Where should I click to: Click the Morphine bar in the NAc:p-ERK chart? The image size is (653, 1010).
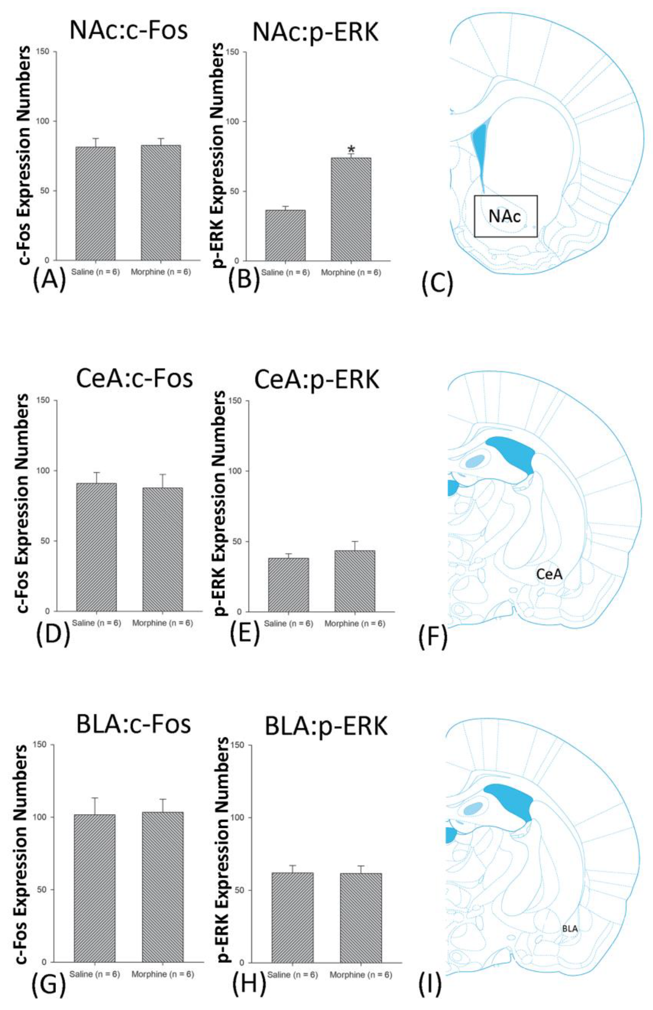350,209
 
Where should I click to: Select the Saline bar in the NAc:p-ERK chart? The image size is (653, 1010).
285,235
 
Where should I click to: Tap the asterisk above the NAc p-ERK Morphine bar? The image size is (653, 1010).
351,149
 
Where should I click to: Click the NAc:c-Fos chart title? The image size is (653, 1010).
129,30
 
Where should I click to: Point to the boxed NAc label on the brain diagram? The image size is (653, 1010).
505,216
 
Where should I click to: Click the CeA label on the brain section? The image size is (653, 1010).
549,574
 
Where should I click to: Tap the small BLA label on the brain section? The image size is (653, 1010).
570,928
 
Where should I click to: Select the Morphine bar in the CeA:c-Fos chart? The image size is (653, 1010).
162,550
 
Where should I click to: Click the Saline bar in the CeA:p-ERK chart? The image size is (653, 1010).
288,585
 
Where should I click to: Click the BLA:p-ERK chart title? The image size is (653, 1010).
326,726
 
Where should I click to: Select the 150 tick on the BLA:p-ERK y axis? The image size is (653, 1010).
240,745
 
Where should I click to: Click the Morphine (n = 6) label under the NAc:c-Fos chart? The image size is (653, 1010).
161,272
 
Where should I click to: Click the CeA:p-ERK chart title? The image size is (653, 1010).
317,380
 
